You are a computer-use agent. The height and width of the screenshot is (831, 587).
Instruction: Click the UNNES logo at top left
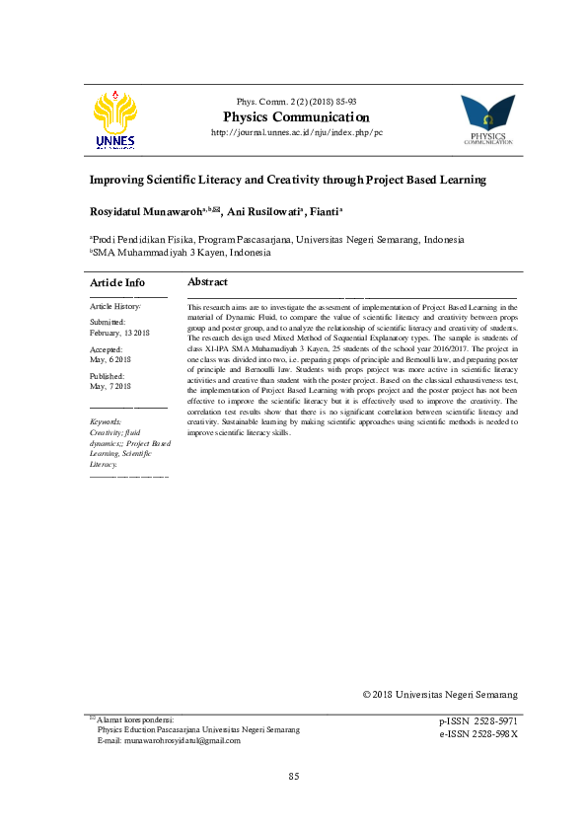pyautogui.click(x=115, y=120)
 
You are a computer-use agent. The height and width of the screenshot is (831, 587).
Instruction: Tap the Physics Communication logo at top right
pyautogui.click(x=487, y=119)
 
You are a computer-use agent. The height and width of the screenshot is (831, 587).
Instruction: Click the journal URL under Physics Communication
pyautogui.click(x=297, y=132)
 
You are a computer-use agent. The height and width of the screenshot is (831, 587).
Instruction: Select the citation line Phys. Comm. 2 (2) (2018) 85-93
pyautogui.click(x=297, y=103)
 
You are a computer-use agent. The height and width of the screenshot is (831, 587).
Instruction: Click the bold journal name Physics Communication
pyautogui.click(x=297, y=117)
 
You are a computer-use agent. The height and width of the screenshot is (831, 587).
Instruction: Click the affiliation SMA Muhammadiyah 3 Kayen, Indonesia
pyautogui.click(x=181, y=253)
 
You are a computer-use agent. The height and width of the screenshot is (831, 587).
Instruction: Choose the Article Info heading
pyautogui.click(x=117, y=283)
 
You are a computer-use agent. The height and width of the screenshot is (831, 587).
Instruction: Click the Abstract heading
pyautogui.click(x=207, y=282)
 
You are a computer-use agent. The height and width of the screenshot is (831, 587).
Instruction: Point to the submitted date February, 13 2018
pyautogui.click(x=121, y=333)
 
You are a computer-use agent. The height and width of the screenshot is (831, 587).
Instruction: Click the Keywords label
pyautogui.click(x=106, y=421)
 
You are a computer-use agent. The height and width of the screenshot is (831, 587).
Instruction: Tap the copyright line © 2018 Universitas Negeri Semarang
pyautogui.click(x=440, y=694)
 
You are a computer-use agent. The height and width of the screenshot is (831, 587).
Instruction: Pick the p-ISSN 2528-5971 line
pyautogui.click(x=477, y=722)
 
